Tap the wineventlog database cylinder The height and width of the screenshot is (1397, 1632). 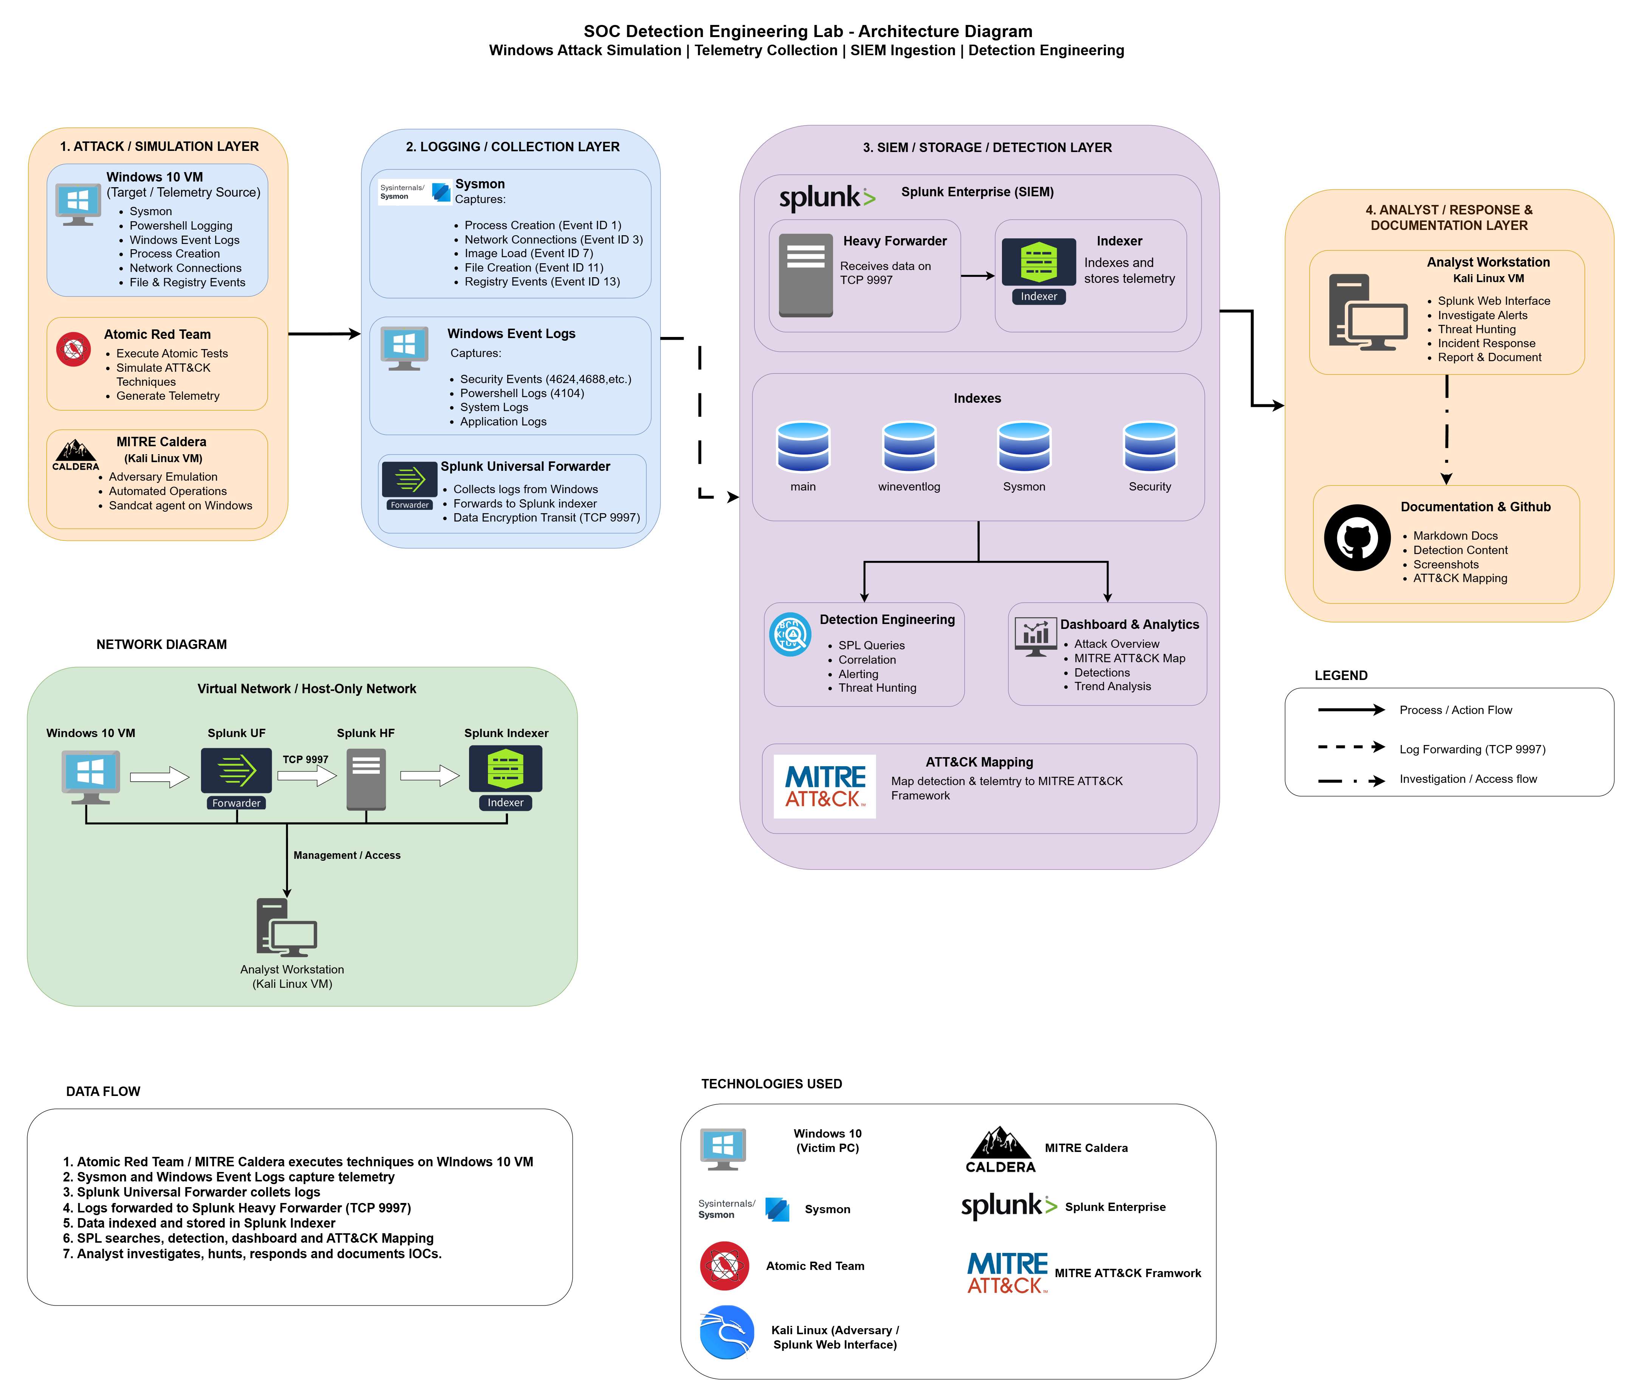(x=909, y=447)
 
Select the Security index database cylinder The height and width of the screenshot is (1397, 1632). (x=1150, y=447)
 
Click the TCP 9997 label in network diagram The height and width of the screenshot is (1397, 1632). (x=306, y=759)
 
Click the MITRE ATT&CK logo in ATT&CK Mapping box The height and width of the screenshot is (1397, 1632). (x=825, y=786)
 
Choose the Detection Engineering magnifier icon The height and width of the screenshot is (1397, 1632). (x=790, y=634)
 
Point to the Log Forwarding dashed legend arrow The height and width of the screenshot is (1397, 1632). (x=1352, y=747)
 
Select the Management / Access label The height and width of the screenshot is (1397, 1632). (x=347, y=855)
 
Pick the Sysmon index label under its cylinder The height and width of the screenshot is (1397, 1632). (x=1024, y=487)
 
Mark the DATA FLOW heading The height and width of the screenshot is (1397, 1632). (x=103, y=1091)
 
